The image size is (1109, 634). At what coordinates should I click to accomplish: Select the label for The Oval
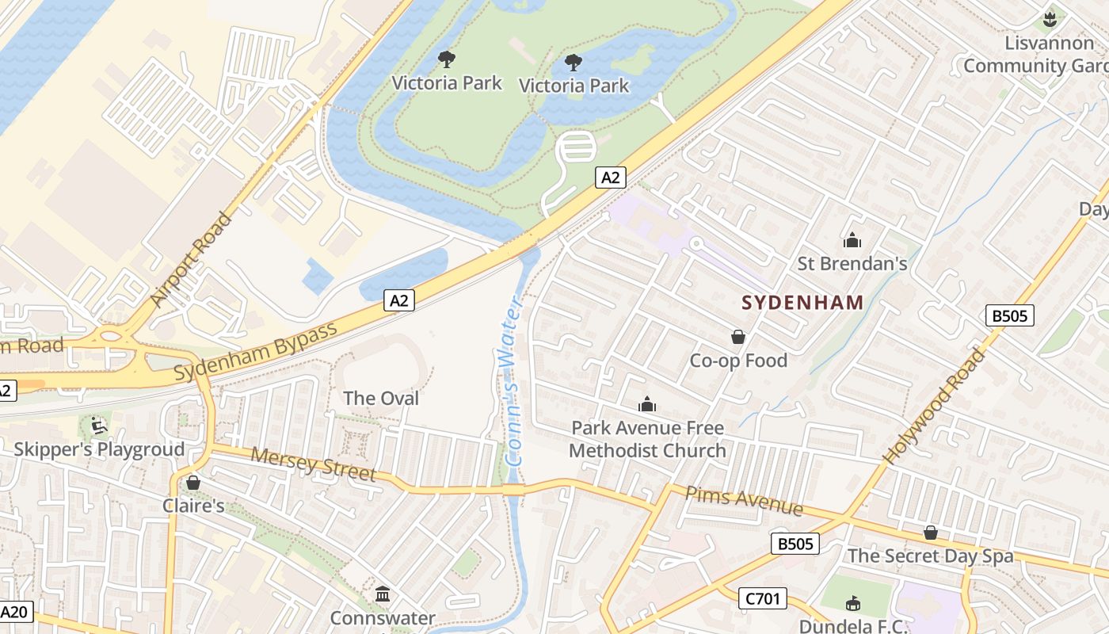pos(381,398)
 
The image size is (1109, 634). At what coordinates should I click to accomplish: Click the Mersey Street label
pos(313,465)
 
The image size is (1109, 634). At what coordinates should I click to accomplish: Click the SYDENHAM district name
pos(802,302)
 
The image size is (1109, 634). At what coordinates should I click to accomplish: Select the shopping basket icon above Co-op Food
pos(738,338)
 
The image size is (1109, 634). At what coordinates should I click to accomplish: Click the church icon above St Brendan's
pos(852,240)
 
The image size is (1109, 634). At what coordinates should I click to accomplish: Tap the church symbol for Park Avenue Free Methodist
pos(647,405)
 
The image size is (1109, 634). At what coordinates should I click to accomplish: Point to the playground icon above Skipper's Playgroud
pos(98,426)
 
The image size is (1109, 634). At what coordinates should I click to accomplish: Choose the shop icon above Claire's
pos(192,483)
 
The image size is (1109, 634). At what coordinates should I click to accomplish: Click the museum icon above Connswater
pos(383,594)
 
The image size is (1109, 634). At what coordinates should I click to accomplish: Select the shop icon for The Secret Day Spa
pos(931,533)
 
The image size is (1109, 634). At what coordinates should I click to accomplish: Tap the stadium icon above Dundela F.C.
pos(852,604)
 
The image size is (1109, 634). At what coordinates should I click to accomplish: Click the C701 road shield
pos(763,598)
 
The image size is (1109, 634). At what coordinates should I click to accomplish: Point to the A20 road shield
pos(14,612)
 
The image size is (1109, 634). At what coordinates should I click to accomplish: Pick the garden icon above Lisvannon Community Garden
pos(1050,19)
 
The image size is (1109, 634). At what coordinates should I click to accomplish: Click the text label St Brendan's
pos(852,263)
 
